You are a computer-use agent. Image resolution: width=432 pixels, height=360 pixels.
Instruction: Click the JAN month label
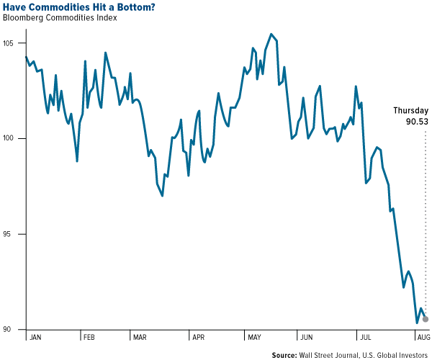(x=36, y=336)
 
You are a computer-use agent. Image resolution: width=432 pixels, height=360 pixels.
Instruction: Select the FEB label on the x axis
(x=89, y=336)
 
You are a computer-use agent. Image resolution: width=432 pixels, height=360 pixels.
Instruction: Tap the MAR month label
(x=140, y=336)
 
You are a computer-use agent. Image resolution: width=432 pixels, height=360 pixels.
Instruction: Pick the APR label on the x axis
(x=198, y=336)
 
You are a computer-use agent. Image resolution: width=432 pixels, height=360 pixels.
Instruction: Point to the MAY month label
(x=256, y=336)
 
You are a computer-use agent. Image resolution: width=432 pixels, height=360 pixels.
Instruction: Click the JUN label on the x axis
(x=306, y=336)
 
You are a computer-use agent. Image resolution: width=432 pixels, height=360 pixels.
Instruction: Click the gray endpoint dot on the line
(x=426, y=319)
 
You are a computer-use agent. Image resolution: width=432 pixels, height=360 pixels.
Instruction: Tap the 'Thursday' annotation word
(x=410, y=111)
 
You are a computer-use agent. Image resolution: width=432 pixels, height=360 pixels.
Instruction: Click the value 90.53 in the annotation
(x=415, y=122)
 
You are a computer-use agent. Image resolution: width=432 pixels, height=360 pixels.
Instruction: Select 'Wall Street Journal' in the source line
(x=333, y=354)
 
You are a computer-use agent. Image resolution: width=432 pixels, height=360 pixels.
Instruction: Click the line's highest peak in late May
(x=271, y=34)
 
